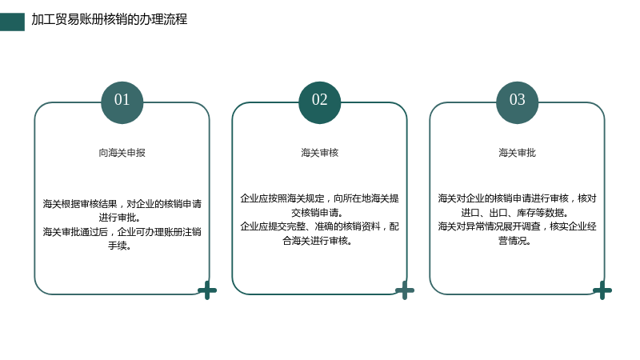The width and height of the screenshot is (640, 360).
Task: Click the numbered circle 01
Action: [x=122, y=102]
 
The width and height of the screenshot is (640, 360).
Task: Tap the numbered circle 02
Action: [x=319, y=102]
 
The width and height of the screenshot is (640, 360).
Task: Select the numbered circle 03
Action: [x=517, y=102]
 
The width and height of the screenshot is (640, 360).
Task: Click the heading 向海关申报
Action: [x=122, y=153]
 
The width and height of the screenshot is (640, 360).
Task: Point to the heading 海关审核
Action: [x=319, y=153]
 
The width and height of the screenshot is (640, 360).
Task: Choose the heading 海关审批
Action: [x=517, y=153]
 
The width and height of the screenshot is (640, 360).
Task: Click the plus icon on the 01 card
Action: [x=207, y=290]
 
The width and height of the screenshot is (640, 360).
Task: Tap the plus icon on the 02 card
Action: [x=405, y=290]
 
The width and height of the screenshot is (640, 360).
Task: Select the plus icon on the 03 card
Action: [x=602, y=290]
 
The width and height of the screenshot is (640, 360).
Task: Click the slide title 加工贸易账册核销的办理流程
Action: [x=110, y=19]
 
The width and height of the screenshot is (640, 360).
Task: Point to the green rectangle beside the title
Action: [x=12, y=22]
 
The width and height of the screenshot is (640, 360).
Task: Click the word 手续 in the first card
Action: [x=117, y=246]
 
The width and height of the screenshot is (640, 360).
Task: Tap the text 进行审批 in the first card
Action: [x=117, y=218]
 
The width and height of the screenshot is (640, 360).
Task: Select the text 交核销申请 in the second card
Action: [x=314, y=212]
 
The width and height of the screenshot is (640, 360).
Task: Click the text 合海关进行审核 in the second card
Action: [x=314, y=241]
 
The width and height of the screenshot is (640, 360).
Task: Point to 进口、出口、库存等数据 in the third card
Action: [x=512, y=212]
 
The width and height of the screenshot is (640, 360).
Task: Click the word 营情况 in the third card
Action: [x=512, y=241]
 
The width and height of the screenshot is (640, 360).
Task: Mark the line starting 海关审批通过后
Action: [x=122, y=232]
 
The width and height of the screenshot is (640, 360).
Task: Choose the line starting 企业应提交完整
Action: [x=319, y=226]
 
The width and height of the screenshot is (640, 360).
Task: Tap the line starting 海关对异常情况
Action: [x=517, y=226]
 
